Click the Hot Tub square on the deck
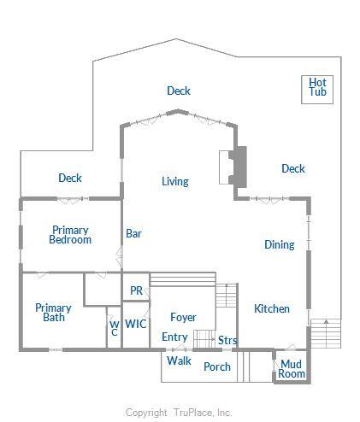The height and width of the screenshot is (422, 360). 317,90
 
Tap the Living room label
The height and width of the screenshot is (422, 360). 175,181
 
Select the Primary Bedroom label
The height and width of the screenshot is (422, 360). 70,235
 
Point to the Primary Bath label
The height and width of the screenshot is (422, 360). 53,313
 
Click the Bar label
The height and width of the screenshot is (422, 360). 133,233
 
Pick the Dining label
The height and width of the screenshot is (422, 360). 280,244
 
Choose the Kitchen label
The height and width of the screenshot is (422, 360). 272,308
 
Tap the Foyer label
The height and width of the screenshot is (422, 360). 183,317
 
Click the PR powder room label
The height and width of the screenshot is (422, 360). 136,290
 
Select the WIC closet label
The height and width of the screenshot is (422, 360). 136,324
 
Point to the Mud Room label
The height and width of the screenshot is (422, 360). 292,369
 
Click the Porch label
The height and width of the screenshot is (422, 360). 217,366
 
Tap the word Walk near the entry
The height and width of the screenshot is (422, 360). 180,360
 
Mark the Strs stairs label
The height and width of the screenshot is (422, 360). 227,340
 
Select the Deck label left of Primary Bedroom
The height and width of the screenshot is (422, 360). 70,178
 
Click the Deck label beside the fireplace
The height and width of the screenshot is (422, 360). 293,168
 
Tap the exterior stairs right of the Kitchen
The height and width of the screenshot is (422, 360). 326,333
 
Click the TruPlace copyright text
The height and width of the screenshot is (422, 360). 179,413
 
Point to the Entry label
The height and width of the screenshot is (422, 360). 174,337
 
